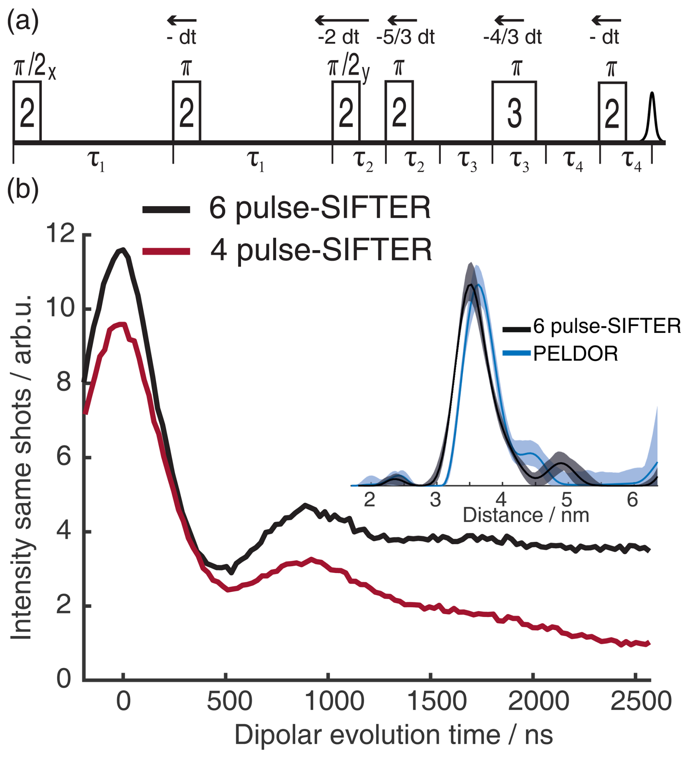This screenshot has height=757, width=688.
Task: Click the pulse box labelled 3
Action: pyautogui.click(x=514, y=112)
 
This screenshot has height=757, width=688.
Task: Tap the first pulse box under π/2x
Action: pyautogui.click(x=27, y=112)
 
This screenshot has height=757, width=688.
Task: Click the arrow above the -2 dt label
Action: pyautogui.click(x=342, y=20)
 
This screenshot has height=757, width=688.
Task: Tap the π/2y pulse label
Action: pyautogui.click(x=348, y=68)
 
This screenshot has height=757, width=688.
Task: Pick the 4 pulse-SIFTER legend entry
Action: pyautogui.click(x=321, y=250)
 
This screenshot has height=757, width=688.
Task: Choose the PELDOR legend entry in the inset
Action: pyautogui.click(x=575, y=353)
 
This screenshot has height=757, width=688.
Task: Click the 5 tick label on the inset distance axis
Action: pyautogui.click(x=566, y=500)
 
